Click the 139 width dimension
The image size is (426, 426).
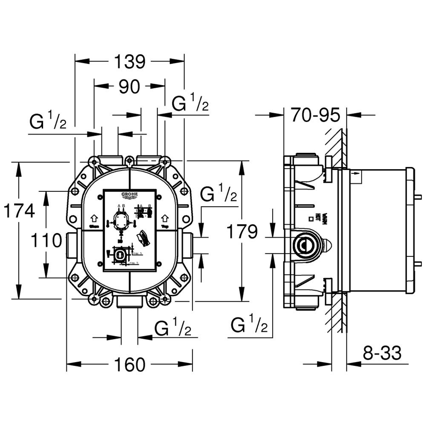pyautogui.click(x=129, y=62)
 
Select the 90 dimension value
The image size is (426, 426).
pyautogui.click(x=129, y=86)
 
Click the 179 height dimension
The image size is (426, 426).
pyautogui.click(x=242, y=232)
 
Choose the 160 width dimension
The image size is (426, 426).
pyautogui.click(x=130, y=365)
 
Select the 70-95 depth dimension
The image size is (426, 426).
pyautogui.click(x=315, y=115)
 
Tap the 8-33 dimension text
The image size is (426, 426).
pyautogui.click(x=383, y=353)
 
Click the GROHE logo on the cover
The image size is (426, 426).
pyautogui.click(x=130, y=196)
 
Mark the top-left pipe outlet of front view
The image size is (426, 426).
pyautogui.click(x=110, y=160)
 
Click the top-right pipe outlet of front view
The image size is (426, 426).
pyautogui.click(x=148, y=160)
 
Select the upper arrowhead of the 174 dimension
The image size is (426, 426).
pyautogui.click(x=18, y=169)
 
